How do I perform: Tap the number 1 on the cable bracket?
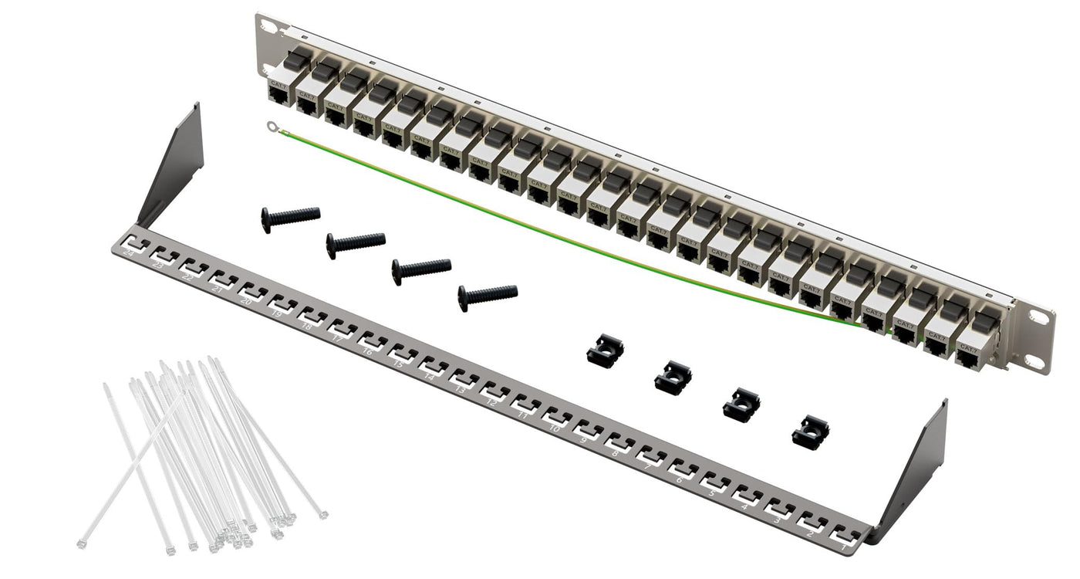pyautogui.click(x=845, y=546)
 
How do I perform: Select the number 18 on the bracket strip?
pyautogui.click(x=306, y=327)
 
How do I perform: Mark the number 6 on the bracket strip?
pyautogui.click(x=680, y=479)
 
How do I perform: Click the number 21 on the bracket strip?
pyautogui.click(x=218, y=289)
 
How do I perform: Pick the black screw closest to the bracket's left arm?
pyautogui.click(x=290, y=217)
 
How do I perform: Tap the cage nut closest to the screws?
pyautogui.click(x=605, y=352)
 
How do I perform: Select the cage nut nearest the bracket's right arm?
pyautogui.click(x=810, y=431)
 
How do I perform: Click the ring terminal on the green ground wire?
pyautogui.click(x=271, y=127)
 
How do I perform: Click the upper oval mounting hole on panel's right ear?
pyautogui.click(x=1038, y=317)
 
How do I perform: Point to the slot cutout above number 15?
pyautogui.click(x=405, y=354)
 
